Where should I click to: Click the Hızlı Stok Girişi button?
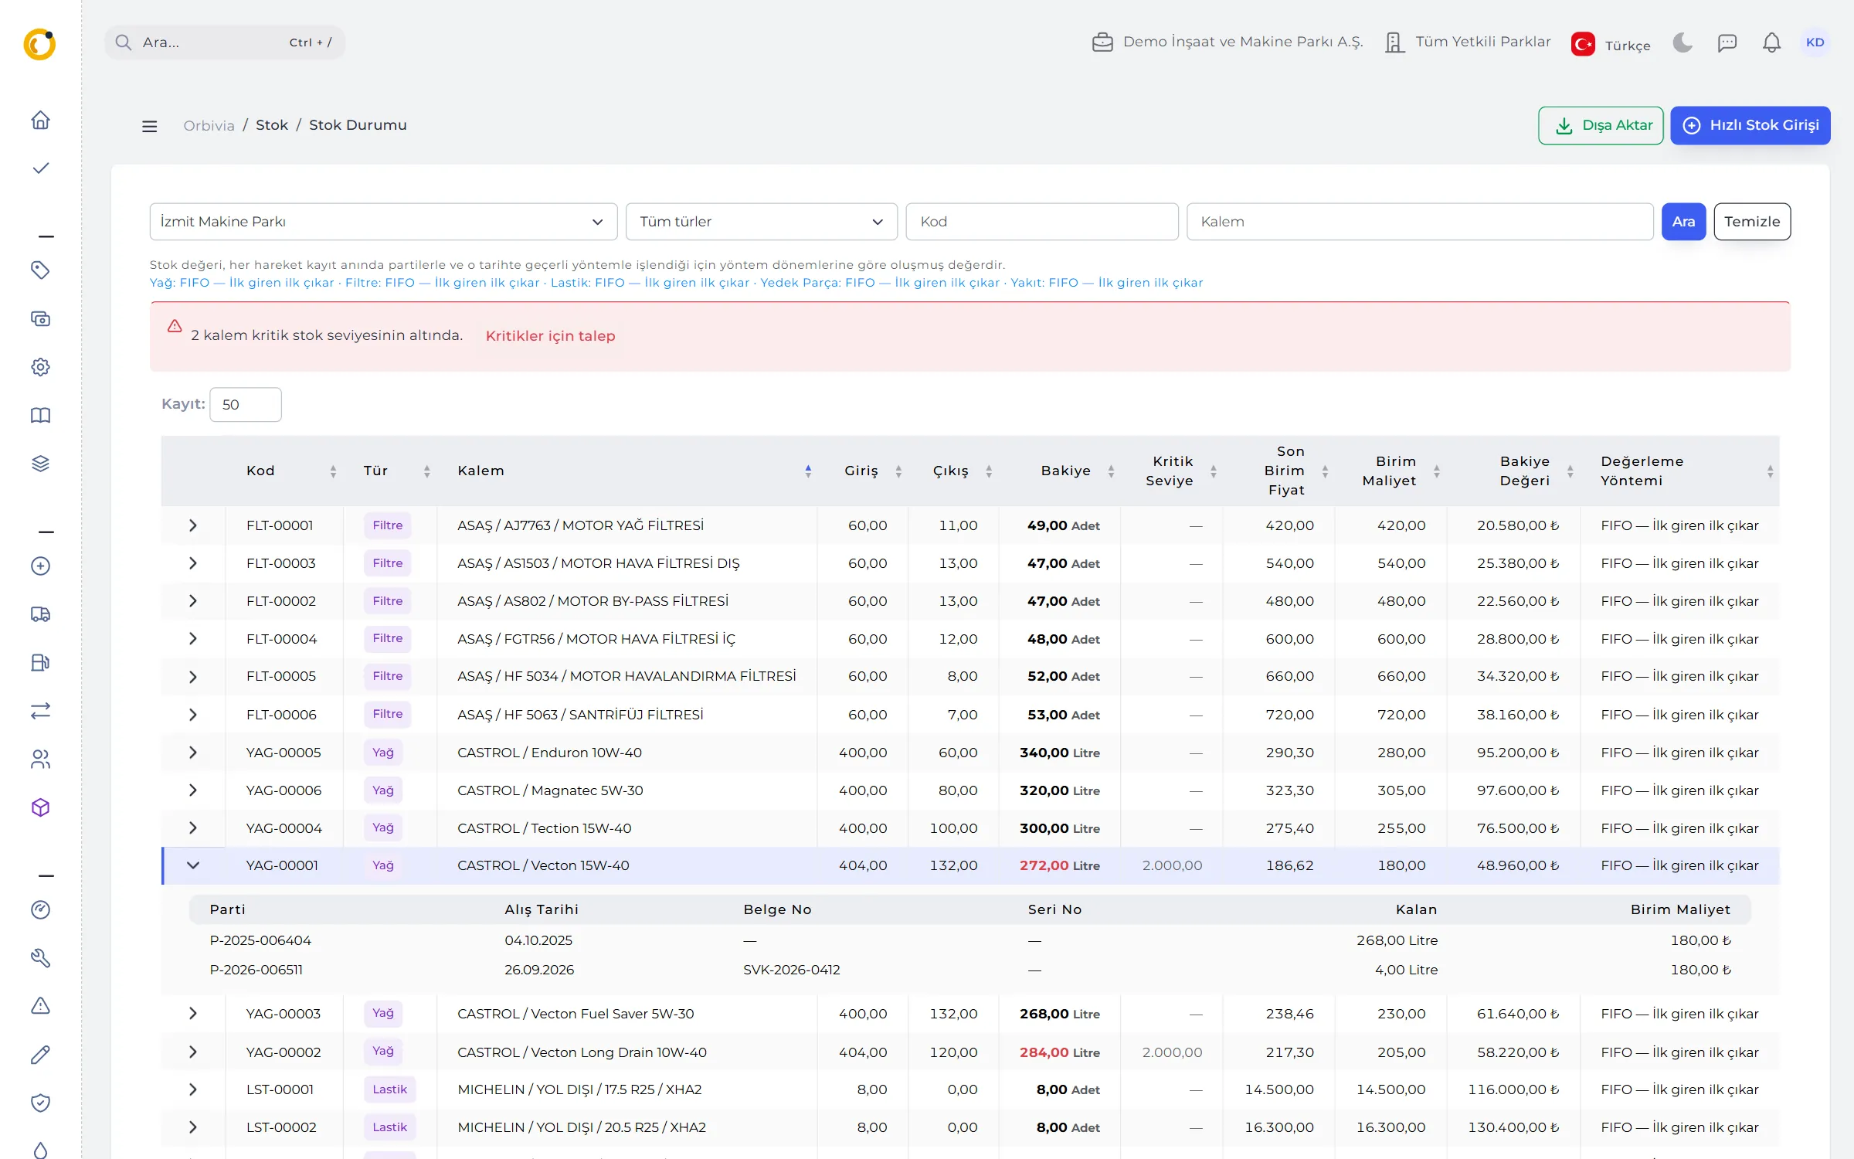point(1750,125)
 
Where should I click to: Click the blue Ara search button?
point(1683,222)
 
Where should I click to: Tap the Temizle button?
point(1752,222)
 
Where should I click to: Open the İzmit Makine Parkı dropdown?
point(383,222)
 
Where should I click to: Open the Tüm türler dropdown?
point(761,222)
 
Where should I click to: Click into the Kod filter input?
point(1041,222)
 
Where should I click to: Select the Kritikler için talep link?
point(550,336)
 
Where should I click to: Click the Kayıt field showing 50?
point(245,405)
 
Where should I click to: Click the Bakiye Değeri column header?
point(1524,471)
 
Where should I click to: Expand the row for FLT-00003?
point(193,563)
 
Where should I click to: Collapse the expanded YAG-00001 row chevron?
point(193,865)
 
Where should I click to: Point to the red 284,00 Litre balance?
point(1059,1052)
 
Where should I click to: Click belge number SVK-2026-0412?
point(791,970)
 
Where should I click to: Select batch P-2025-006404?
point(260,940)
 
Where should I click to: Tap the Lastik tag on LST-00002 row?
point(389,1127)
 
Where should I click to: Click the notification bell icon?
point(1771,42)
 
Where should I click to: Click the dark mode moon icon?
point(1682,42)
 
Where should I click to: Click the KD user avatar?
point(1815,42)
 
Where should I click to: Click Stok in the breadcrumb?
point(272,125)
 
